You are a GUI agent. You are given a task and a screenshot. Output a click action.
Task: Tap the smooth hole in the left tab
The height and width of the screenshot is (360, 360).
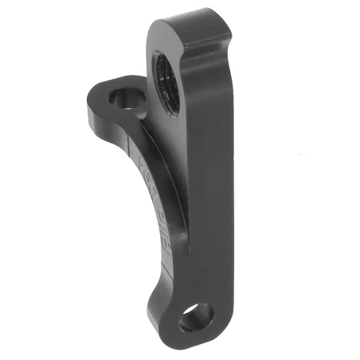(125, 100)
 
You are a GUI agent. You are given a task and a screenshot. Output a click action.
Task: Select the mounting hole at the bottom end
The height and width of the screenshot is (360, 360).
(194, 320)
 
